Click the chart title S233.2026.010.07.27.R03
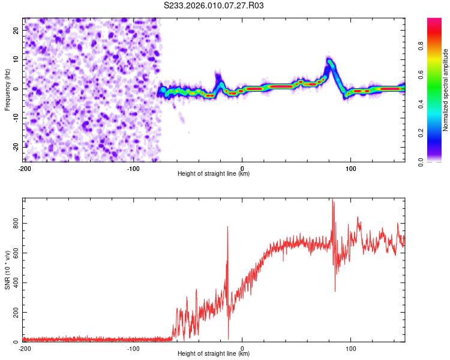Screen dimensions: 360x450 tap(214, 5)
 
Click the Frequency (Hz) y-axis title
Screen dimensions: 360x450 tap(8, 89)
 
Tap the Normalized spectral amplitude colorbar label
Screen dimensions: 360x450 tap(445, 90)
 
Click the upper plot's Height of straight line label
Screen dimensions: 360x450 tap(214, 173)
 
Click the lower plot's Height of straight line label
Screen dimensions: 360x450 tap(214, 354)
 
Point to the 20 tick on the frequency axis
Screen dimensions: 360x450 tap(16, 29)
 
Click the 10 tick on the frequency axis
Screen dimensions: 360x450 tap(16, 59)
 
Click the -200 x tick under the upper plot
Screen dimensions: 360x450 tap(25, 169)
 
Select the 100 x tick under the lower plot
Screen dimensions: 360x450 tap(351, 349)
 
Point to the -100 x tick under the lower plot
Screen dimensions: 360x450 tap(133, 349)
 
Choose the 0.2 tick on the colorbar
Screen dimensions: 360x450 tap(422, 133)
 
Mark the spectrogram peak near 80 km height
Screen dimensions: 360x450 tap(329, 61)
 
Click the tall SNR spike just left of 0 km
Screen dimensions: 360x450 tap(228, 227)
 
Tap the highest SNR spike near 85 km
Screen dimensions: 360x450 tap(332, 201)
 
